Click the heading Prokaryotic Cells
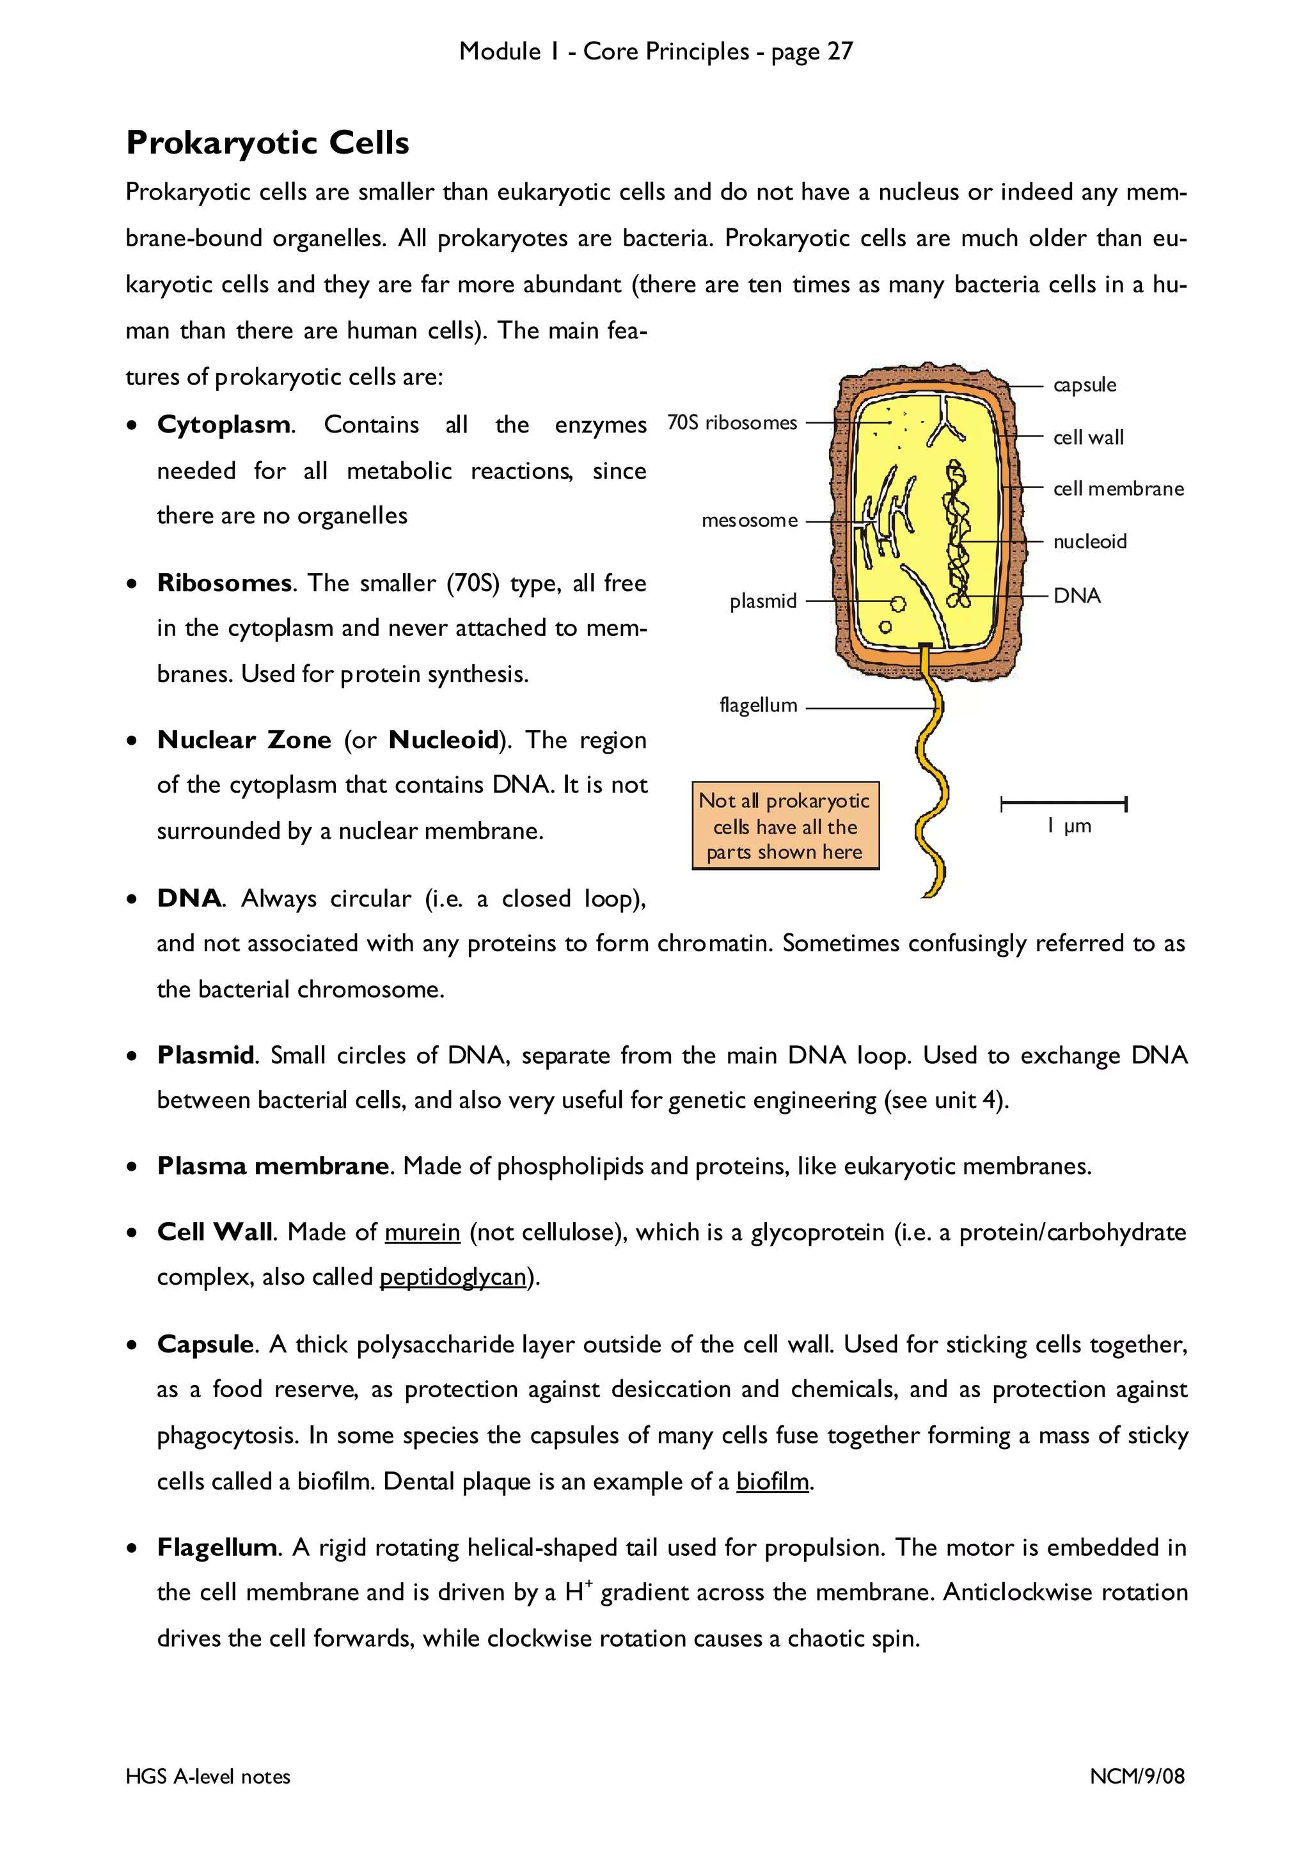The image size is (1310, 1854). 267,143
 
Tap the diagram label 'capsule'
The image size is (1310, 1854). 1084,385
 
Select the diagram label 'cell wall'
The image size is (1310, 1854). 1087,438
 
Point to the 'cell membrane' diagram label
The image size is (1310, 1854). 1118,489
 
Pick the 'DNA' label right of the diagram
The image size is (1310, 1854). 1076,596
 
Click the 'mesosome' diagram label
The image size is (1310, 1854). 749,521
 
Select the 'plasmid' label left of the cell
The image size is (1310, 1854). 762,601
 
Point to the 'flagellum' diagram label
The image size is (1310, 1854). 758,706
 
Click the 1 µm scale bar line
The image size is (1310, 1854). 1063,804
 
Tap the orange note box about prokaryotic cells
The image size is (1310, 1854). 785,826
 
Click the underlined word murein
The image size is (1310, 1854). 422,1233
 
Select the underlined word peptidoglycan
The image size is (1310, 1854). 452,1278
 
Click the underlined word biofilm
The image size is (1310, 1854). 771,1482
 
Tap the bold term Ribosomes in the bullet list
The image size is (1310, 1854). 225,583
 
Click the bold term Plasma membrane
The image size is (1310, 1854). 274,1166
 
